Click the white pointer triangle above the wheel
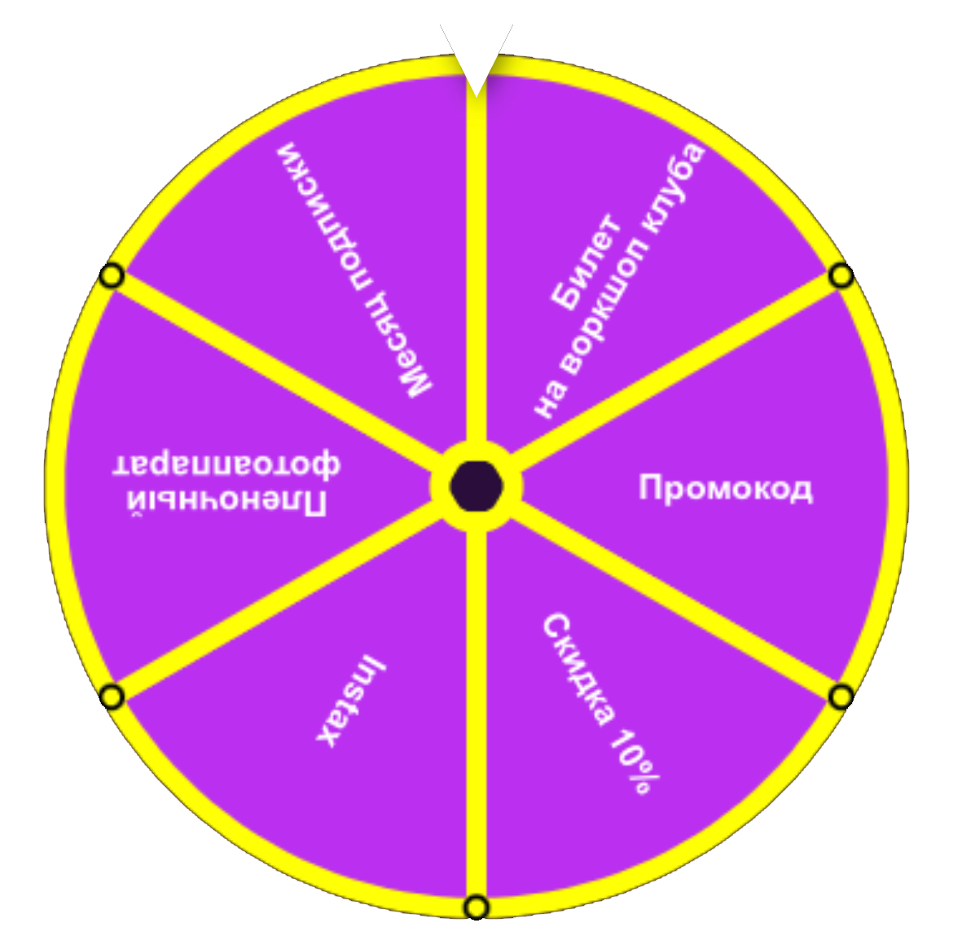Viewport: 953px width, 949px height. pyautogui.click(x=476, y=53)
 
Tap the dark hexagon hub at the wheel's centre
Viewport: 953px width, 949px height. pyautogui.click(x=476, y=486)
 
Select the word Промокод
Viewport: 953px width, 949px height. pyautogui.click(x=725, y=488)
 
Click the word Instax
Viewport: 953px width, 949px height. pyautogui.click(x=351, y=700)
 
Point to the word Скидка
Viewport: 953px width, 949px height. pyautogui.click(x=578, y=669)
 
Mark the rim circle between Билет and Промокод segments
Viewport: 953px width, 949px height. pyautogui.click(x=841, y=276)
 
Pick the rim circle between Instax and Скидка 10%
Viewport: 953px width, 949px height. pyautogui.click(x=476, y=907)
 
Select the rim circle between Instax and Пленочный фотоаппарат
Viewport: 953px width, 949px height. pyautogui.click(x=112, y=696)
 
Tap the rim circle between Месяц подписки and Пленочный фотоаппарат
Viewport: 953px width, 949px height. pyautogui.click(x=112, y=276)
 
